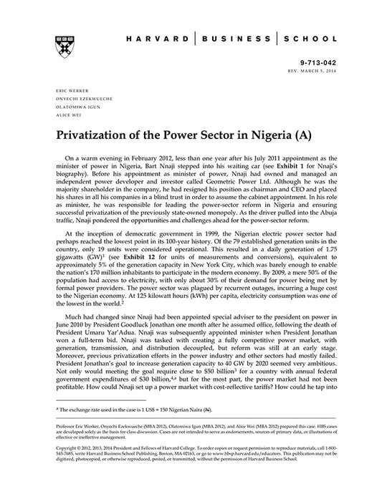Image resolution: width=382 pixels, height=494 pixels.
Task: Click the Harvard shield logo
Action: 58,45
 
